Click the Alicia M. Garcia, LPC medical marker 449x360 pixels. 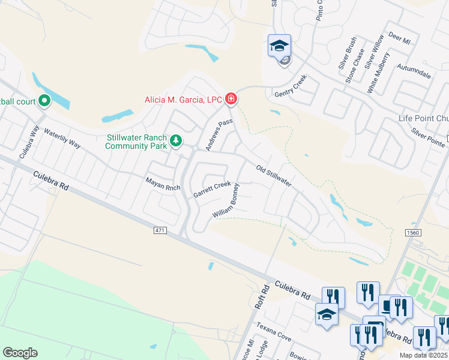(x=231, y=100)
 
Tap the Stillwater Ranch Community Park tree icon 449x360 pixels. (x=175, y=141)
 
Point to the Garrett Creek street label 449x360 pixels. (x=212, y=190)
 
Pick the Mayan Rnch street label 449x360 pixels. (x=163, y=184)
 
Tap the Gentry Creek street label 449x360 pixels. (x=291, y=86)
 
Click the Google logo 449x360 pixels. (x=20, y=353)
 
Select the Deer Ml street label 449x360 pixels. (x=399, y=38)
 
